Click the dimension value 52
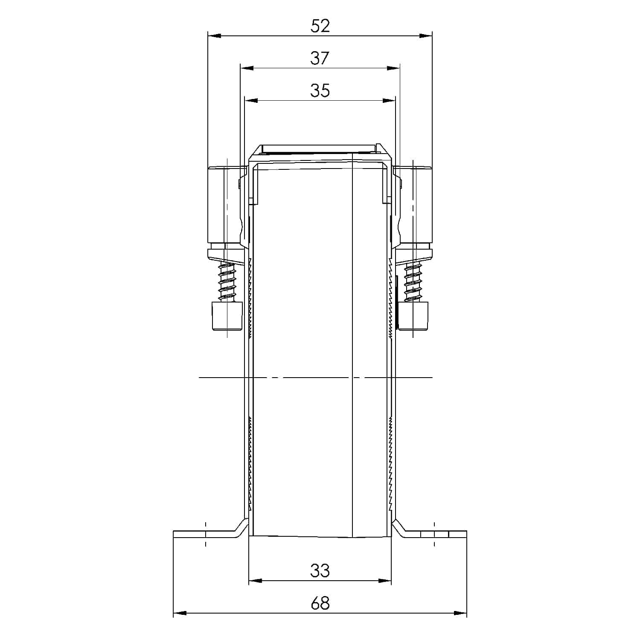pyautogui.click(x=320, y=26)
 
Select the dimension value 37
pyautogui.click(x=320, y=58)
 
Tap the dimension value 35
pyautogui.click(x=320, y=90)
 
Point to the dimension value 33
pyautogui.click(x=320, y=570)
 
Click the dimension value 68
pyautogui.click(x=320, y=603)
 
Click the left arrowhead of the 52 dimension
pyautogui.click(x=213, y=36)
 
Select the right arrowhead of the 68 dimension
pyautogui.click(x=461, y=614)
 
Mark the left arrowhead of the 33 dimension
pyautogui.click(x=254, y=581)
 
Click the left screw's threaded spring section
pyautogui.click(x=227, y=282)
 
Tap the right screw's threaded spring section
pyautogui.click(x=413, y=282)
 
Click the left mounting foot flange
pyautogui.click(x=205, y=534)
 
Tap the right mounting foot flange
pyautogui.click(x=435, y=534)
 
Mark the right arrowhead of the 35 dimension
pyautogui.click(x=390, y=101)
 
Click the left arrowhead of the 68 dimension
pyautogui.click(x=179, y=614)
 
